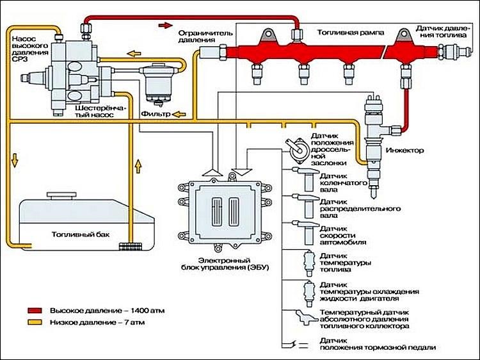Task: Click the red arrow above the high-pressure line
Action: click(166, 25)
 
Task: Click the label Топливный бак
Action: click(81, 234)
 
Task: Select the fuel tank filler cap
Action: click(61, 195)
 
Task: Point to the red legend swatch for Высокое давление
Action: click(35, 311)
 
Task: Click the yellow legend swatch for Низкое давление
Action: click(35, 322)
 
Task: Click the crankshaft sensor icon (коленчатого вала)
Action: click(307, 179)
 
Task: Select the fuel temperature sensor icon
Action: click(309, 263)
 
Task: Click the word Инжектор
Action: click(404, 151)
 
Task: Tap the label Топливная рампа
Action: click(351, 33)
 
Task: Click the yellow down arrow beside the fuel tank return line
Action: click(14, 161)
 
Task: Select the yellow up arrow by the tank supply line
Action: click(138, 166)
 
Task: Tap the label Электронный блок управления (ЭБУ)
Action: click(225, 264)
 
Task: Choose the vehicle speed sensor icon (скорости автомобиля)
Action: click(307, 233)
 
